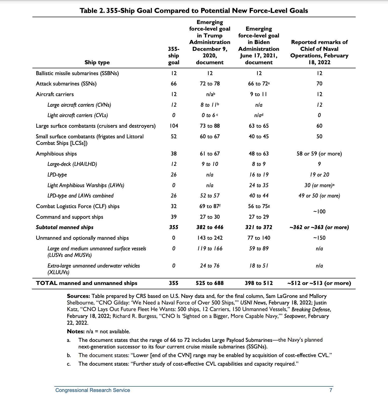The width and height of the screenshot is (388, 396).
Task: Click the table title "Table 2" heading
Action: [x=194, y=11]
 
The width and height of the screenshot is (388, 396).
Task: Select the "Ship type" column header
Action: [x=97, y=62]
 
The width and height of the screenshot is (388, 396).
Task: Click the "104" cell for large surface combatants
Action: [x=174, y=126]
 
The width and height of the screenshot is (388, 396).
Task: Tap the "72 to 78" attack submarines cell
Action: [x=210, y=84]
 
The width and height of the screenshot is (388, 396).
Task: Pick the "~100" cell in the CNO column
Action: [x=319, y=212]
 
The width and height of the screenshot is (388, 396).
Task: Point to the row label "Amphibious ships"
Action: [x=56, y=154]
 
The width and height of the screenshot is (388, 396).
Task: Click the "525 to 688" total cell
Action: [x=210, y=283]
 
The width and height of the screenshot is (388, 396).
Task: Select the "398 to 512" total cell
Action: [x=259, y=283]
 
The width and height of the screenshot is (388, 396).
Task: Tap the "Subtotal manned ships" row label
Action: [x=65, y=227]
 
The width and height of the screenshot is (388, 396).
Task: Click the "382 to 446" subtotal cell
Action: [x=210, y=227]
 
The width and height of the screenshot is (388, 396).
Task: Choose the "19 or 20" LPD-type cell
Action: [x=319, y=175]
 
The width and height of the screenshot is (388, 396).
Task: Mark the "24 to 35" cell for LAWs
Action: [x=259, y=185]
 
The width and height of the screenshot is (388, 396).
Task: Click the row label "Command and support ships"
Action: [x=70, y=217]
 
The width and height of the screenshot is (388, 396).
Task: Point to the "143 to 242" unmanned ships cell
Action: [x=210, y=238]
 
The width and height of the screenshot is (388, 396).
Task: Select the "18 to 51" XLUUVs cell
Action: [x=259, y=266]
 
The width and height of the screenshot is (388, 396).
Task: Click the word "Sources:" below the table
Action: [x=78, y=296]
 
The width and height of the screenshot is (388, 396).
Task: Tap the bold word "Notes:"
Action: [x=76, y=332]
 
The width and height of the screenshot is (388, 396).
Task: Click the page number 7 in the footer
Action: [x=331, y=390]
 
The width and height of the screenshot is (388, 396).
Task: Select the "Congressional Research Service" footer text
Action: [x=93, y=390]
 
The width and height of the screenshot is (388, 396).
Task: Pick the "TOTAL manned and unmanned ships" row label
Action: [x=87, y=283]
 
